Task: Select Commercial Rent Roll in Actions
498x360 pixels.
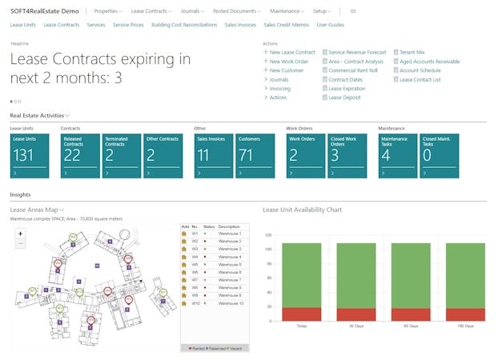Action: pos(354,70)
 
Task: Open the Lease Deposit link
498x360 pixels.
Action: pos(346,98)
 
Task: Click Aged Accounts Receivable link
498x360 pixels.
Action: pos(429,61)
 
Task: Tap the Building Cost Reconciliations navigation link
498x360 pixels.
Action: pos(183,25)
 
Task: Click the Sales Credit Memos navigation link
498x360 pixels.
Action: pos(286,25)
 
